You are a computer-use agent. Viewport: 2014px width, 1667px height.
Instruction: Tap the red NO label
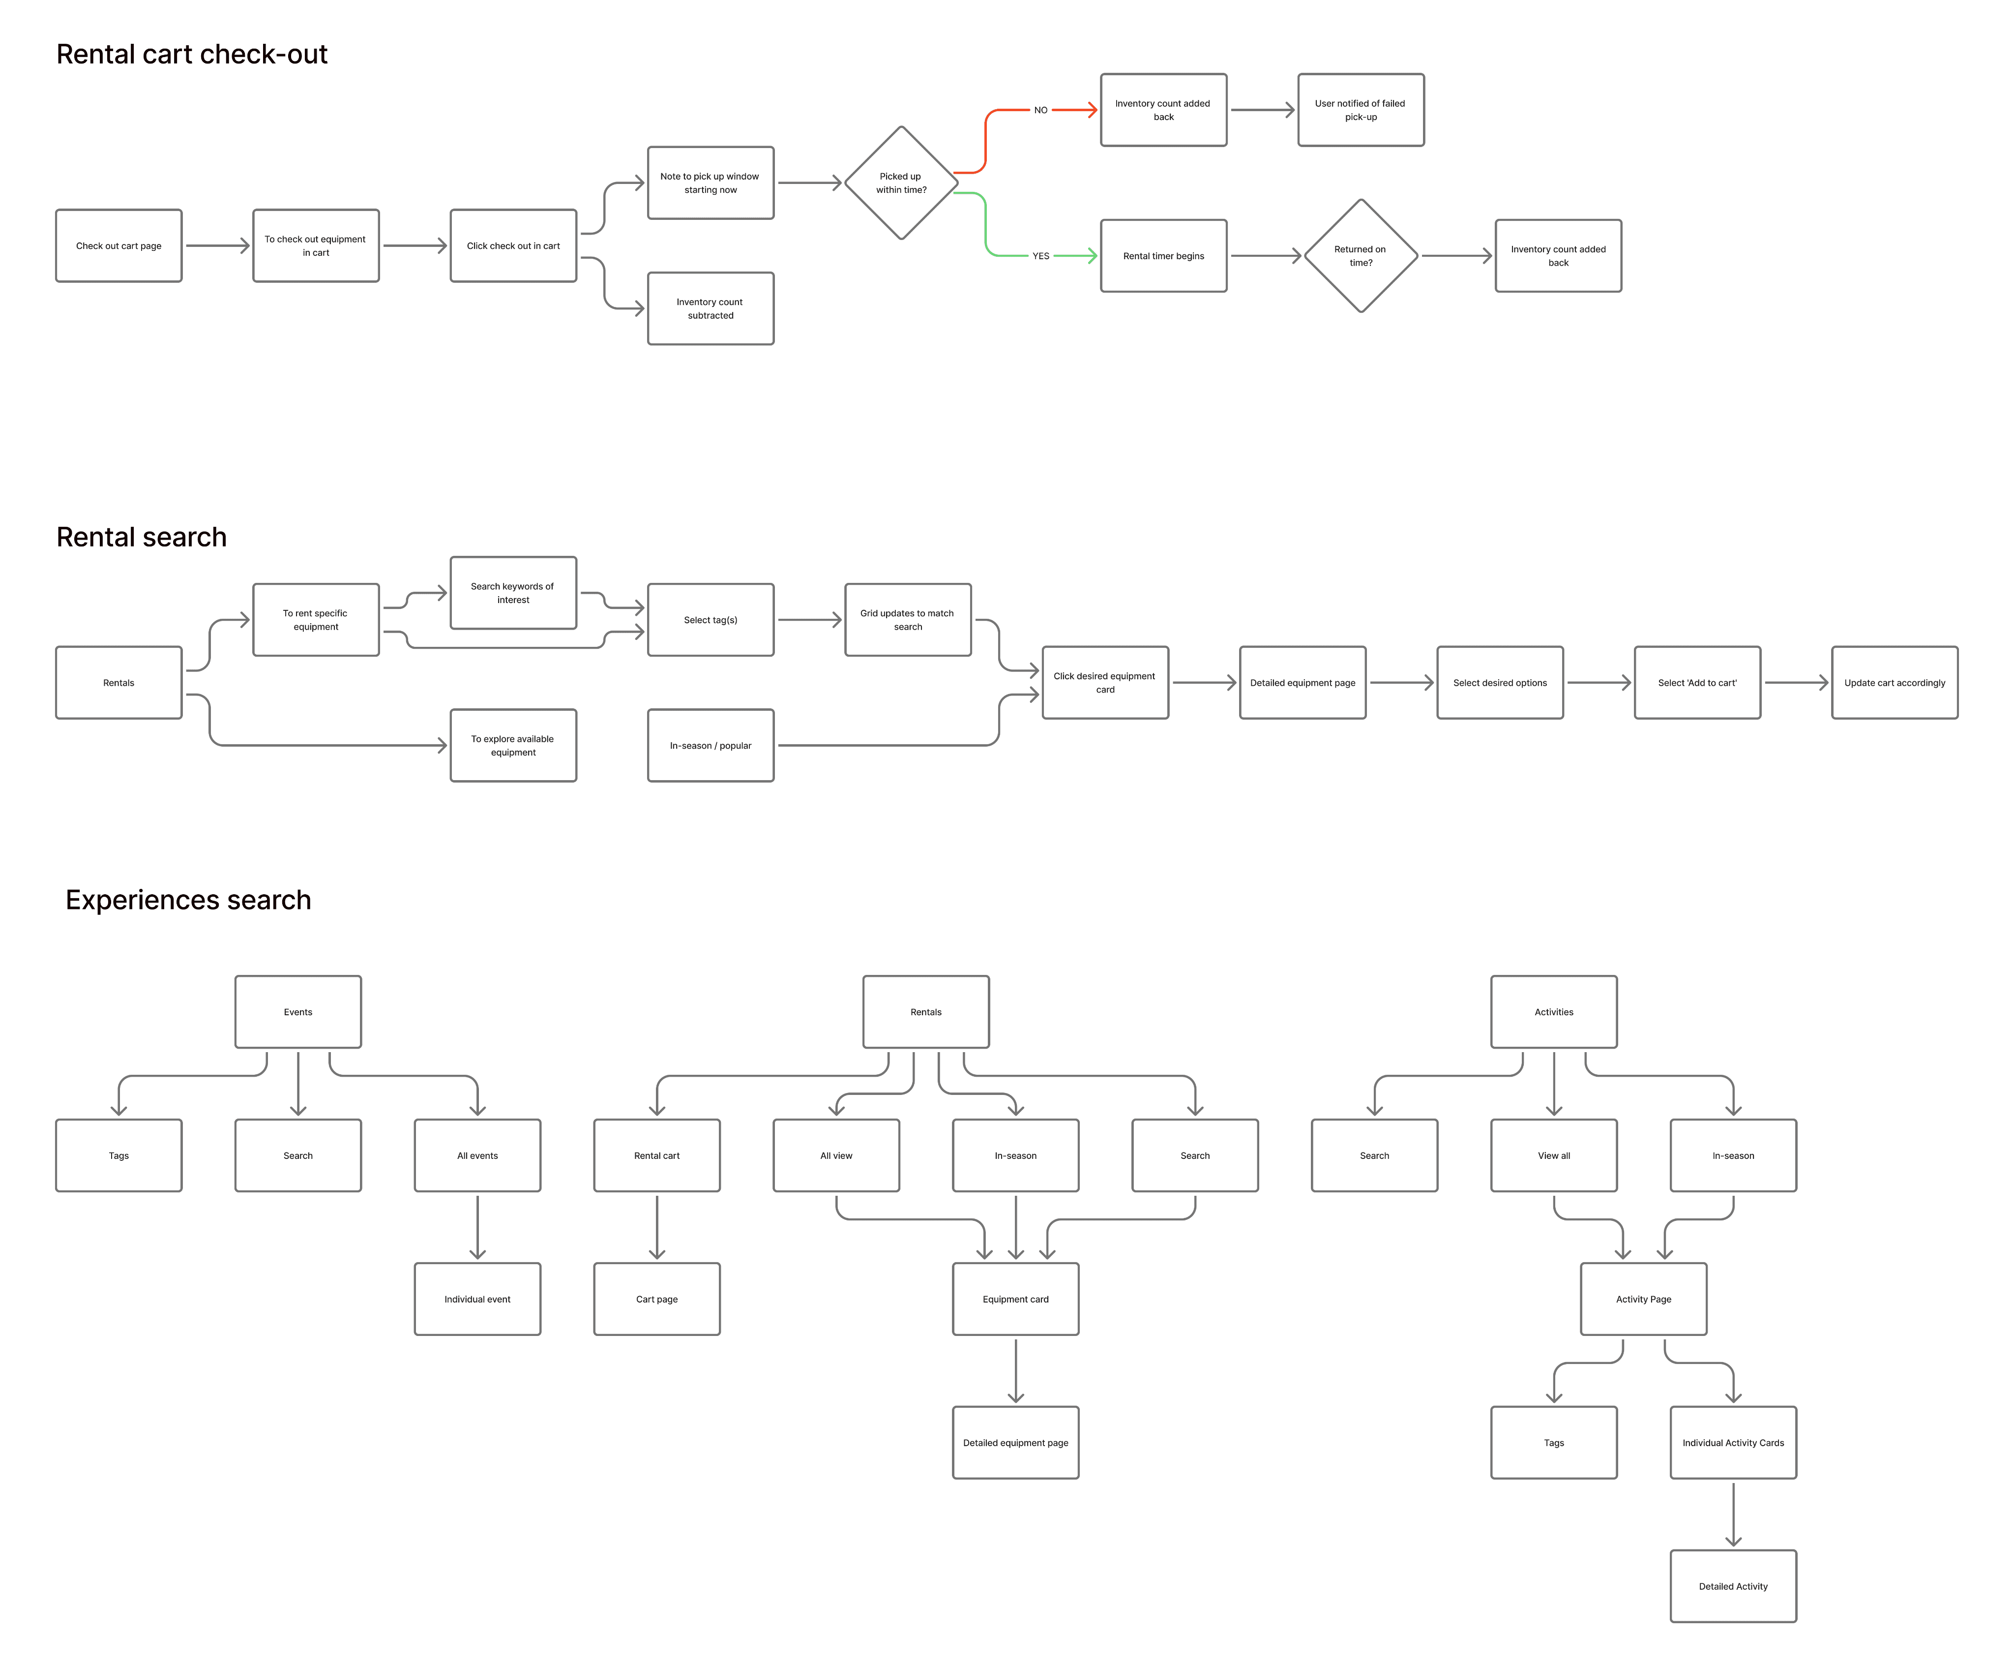tap(1040, 110)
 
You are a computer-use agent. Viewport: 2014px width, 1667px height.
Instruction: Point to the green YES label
tap(1040, 256)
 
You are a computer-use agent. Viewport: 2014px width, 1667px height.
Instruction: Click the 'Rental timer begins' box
tap(1163, 256)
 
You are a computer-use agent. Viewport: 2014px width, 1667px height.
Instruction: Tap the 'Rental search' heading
tap(142, 537)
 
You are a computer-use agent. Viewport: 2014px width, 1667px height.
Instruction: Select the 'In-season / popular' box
tap(711, 745)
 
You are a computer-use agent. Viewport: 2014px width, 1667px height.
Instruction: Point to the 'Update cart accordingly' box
tap(1894, 683)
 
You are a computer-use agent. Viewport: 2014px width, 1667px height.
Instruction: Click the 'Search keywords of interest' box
tap(513, 593)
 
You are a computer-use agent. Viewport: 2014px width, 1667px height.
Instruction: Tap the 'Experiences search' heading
tap(188, 900)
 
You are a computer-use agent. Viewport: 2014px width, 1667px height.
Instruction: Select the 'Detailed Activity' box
tap(1733, 1586)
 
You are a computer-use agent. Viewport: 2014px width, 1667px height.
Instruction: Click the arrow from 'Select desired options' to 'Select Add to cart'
tap(1598, 683)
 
